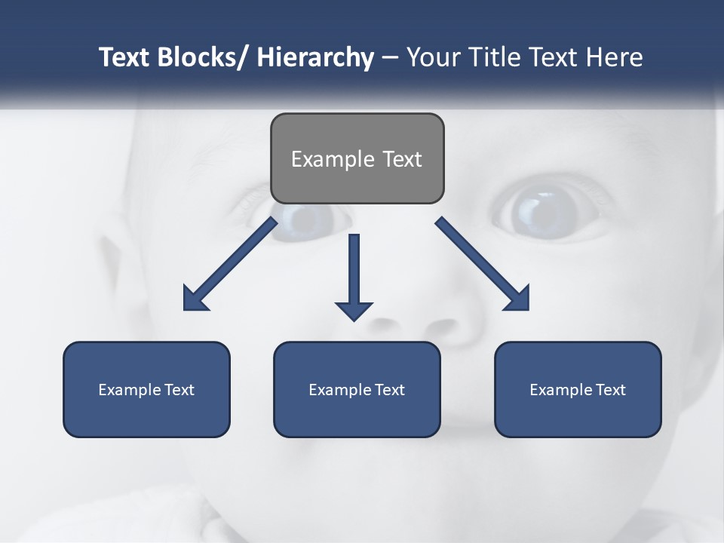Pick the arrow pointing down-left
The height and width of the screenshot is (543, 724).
tap(230, 264)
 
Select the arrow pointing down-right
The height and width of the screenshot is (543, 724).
tap(483, 264)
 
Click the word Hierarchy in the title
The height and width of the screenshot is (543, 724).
tap(315, 57)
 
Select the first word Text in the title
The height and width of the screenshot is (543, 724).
tap(125, 57)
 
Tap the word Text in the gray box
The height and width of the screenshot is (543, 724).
tap(401, 159)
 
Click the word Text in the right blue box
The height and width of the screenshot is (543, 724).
tap(609, 390)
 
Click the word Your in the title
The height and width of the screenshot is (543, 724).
tap(432, 57)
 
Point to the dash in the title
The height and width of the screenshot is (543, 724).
tap(390, 57)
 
